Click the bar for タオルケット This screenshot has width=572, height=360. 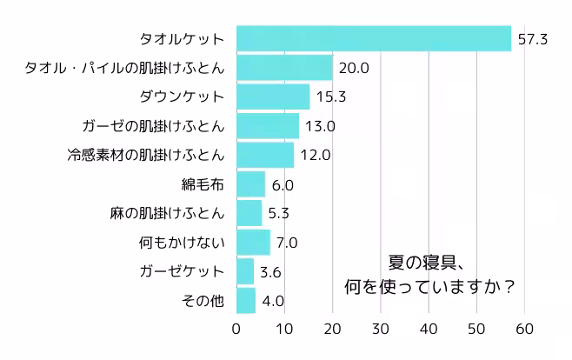(374, 39)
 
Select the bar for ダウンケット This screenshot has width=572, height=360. (273, 97)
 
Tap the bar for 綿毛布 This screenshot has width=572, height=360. (250, 184)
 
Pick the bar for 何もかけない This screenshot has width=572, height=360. (253, 243)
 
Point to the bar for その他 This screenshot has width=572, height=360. (246, 301)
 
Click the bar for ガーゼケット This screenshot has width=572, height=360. (245, 271)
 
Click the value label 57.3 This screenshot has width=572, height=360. (531, 39)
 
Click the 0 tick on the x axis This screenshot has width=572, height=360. (236, 329)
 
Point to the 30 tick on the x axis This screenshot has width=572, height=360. (380, 329)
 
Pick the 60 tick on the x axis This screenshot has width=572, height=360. (523, 329)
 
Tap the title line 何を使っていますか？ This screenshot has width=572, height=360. (429, 285)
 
